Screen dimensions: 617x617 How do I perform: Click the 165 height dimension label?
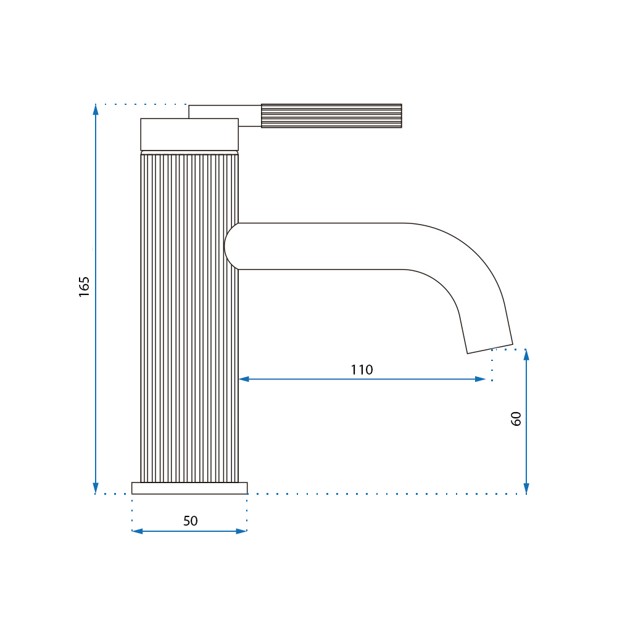(x=85, y=286)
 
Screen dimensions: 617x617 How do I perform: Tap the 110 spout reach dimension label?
(x=362, y=370)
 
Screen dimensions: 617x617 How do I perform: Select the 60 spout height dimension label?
(x=516, y=418)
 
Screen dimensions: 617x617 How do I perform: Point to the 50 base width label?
(x=190, y=521)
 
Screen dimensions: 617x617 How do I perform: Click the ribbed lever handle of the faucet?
(x=331, y=116)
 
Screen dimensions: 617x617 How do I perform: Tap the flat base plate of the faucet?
(x=189, y=488)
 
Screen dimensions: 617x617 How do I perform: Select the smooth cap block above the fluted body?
(x=189, y=135)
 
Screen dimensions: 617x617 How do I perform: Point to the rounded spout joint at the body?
(x=232, y=246)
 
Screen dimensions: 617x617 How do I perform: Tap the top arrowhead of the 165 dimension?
(x=96, y=109)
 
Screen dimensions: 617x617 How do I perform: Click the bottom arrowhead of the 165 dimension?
(x=96, y=488)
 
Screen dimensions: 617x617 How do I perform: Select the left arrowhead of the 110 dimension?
(x=243, y=379)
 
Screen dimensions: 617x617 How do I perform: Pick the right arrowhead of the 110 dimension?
(x=481, y=379)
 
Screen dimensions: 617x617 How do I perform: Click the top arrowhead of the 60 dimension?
(x=526, y=354)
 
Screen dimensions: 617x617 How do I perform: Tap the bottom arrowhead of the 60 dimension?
(x=526, y=488)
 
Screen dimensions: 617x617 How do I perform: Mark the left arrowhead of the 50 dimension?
(x=137, y=531)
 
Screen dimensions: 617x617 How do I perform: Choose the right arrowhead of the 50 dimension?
(x=242, y=531)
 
